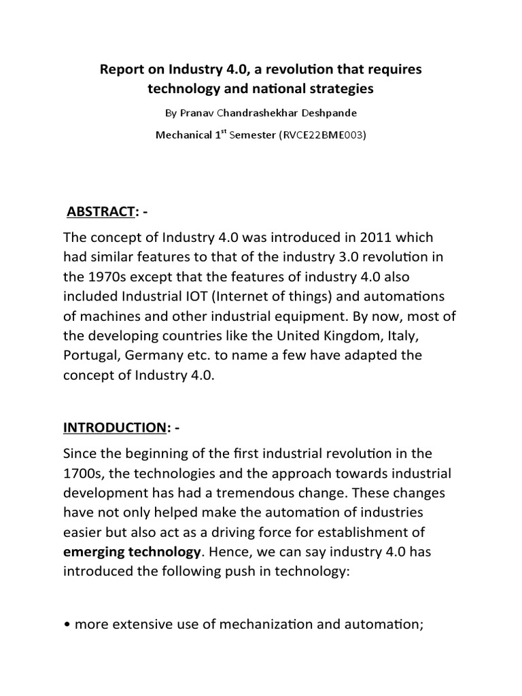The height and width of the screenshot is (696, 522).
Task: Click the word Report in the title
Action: click(123, 70)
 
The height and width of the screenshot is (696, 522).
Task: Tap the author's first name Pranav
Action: click(198, 112)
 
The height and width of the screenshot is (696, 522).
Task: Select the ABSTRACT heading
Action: click(99, 213)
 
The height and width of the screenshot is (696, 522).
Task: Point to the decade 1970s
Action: click(106, 276)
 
